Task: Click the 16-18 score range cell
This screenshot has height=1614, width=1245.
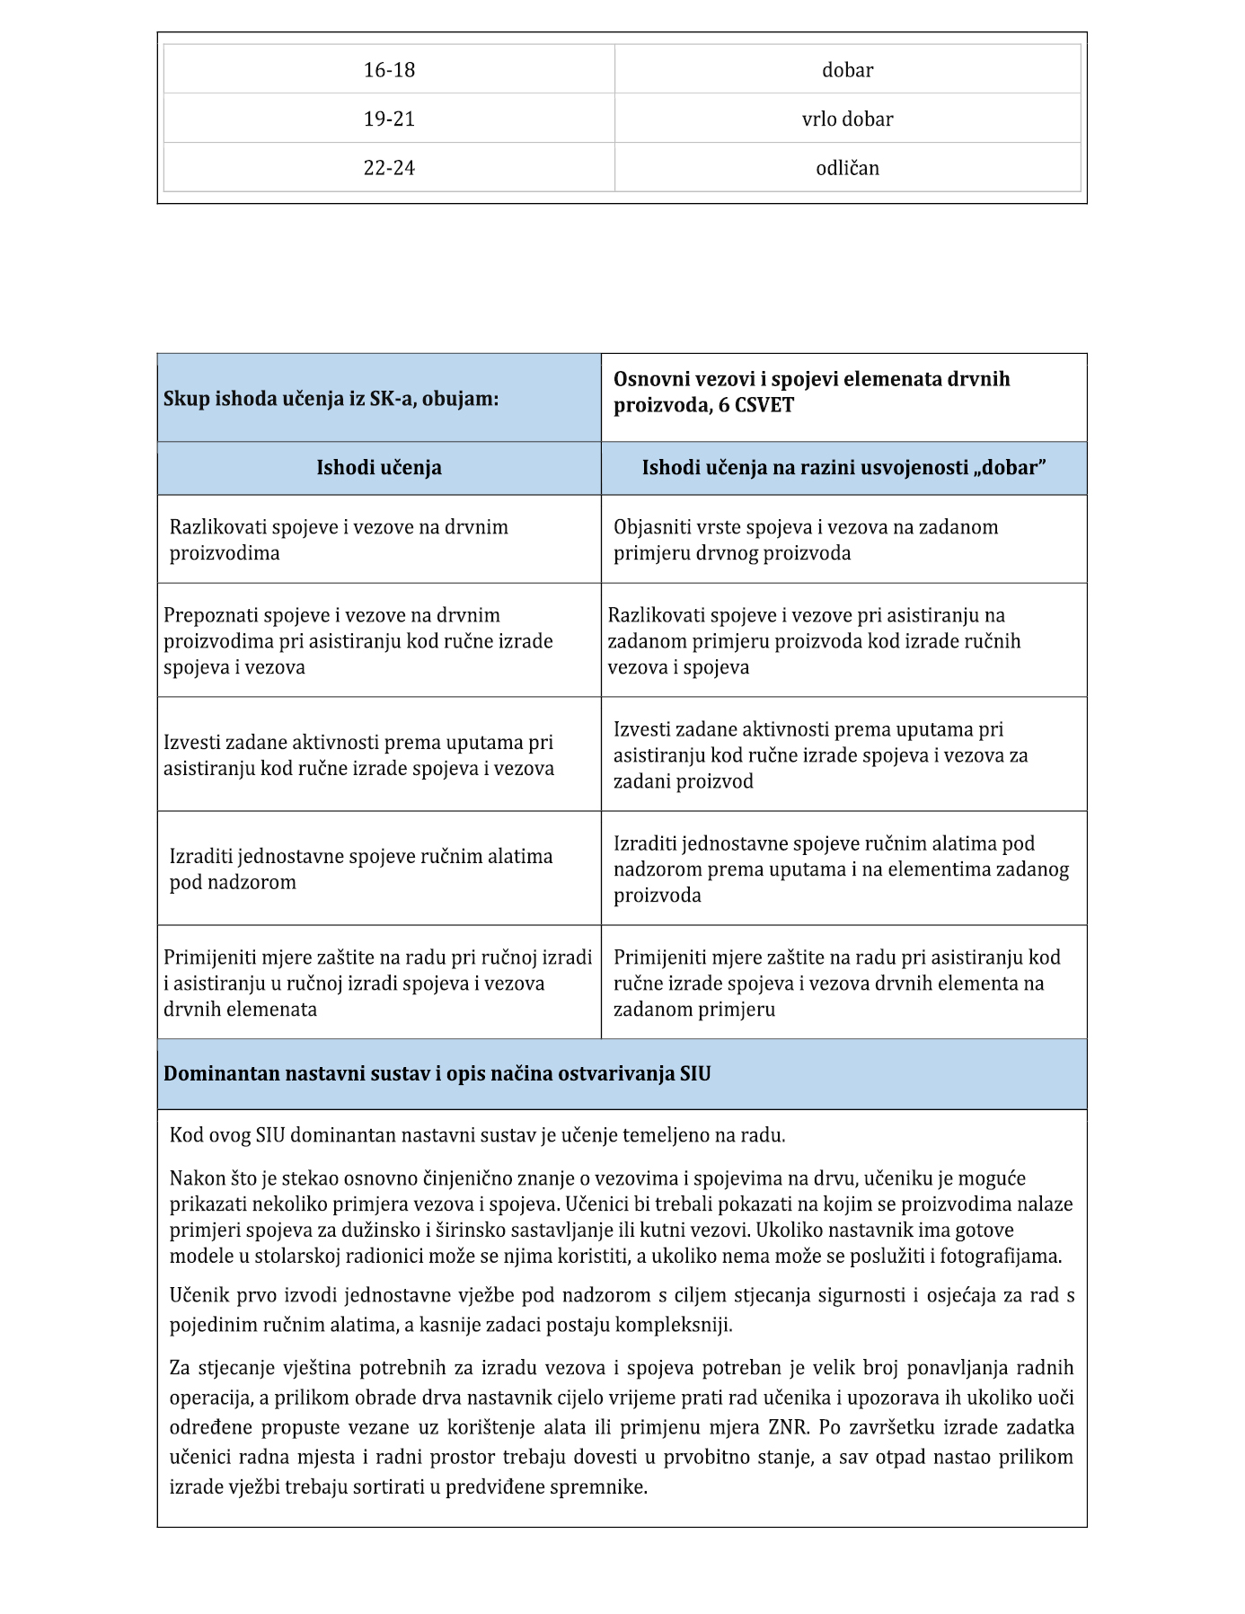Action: point(389,70)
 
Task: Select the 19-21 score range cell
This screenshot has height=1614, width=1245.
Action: point(389,119)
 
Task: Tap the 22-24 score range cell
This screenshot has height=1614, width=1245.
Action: point(389,168)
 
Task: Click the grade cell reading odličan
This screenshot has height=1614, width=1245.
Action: point(847,168)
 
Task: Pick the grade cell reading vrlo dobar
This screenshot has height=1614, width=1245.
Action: point(847,119)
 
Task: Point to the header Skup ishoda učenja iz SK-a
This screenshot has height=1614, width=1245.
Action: point(331,399)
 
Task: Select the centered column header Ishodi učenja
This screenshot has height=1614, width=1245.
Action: point(378,468)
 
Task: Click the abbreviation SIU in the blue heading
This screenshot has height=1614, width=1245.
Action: point(694,1073)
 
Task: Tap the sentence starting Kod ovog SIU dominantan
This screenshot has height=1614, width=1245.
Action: point(477,1135)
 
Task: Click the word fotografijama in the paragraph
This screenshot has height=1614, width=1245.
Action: point(1000,1256)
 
